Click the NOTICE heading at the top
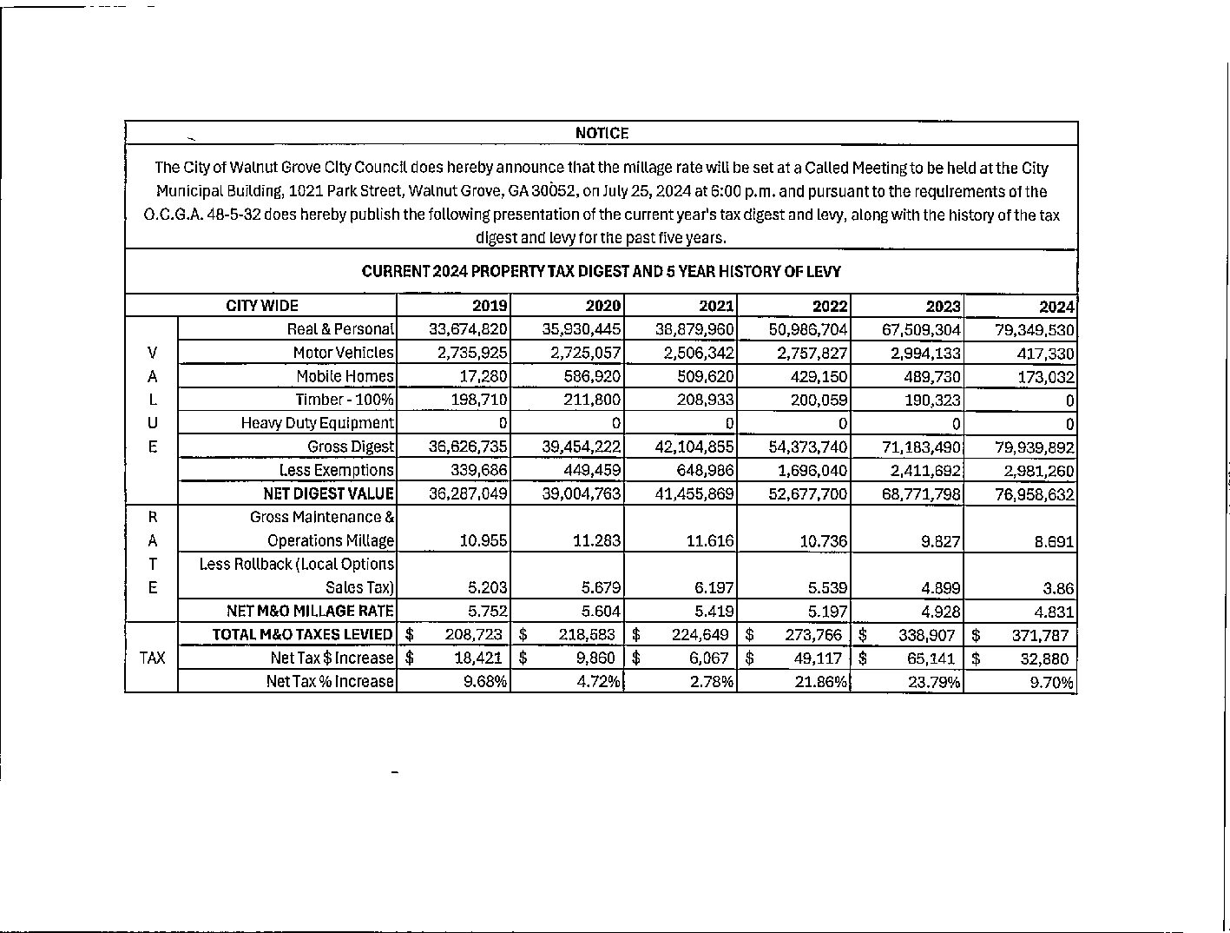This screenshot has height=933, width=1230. (602, 133)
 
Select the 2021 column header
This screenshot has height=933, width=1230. (716, 306)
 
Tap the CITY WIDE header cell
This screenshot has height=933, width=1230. (261, 306)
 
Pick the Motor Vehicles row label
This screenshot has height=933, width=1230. (343, 353)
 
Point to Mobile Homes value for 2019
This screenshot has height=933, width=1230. (483, 377)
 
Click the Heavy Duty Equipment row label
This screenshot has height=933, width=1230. (317, 423)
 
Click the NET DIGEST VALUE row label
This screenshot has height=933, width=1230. (328, 494)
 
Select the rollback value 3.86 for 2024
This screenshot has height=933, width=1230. (1059, 588)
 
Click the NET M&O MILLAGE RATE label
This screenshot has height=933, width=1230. (310, 612)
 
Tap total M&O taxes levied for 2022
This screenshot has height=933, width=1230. (813, 635)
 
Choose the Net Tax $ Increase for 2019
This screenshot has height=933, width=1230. (477, 658)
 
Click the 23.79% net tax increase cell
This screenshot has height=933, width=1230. (934, 682)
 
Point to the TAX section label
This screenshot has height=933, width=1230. (152, 658)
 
